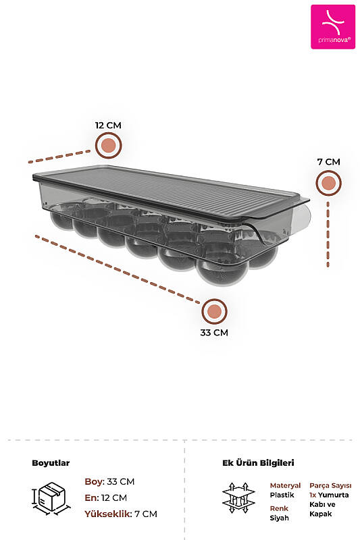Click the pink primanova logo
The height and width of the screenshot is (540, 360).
pos(333,27)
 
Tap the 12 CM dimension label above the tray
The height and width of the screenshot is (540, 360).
pos(108,126)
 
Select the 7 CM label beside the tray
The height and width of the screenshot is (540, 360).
pos(329,162)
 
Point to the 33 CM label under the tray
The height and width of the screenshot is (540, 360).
pos(214,333)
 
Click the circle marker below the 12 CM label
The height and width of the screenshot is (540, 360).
pos(109,145)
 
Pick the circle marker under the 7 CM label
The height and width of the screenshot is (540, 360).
pos(329,183)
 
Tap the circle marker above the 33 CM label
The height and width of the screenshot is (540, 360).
pos(214,311)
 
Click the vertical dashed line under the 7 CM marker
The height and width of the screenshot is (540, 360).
pos(328,234)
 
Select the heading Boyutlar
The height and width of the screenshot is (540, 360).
pos(51,463)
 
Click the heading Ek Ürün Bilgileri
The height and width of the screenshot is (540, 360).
pos(258,463)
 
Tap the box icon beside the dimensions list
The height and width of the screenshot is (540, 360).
pos(51,498)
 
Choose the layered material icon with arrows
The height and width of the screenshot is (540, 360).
pos(238,498)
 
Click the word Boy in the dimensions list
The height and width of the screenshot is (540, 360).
pos(94,482)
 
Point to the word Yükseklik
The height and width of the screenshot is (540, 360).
pos(108,514)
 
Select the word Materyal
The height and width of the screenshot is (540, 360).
pos(285,485)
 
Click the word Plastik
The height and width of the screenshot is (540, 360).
pos(282,495)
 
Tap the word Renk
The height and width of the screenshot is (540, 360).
pos(279,508)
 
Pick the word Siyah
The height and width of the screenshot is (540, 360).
pos(280,518)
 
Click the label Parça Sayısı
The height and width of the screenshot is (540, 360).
pos(330,485)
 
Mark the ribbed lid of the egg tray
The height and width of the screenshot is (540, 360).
pos(171,194)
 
